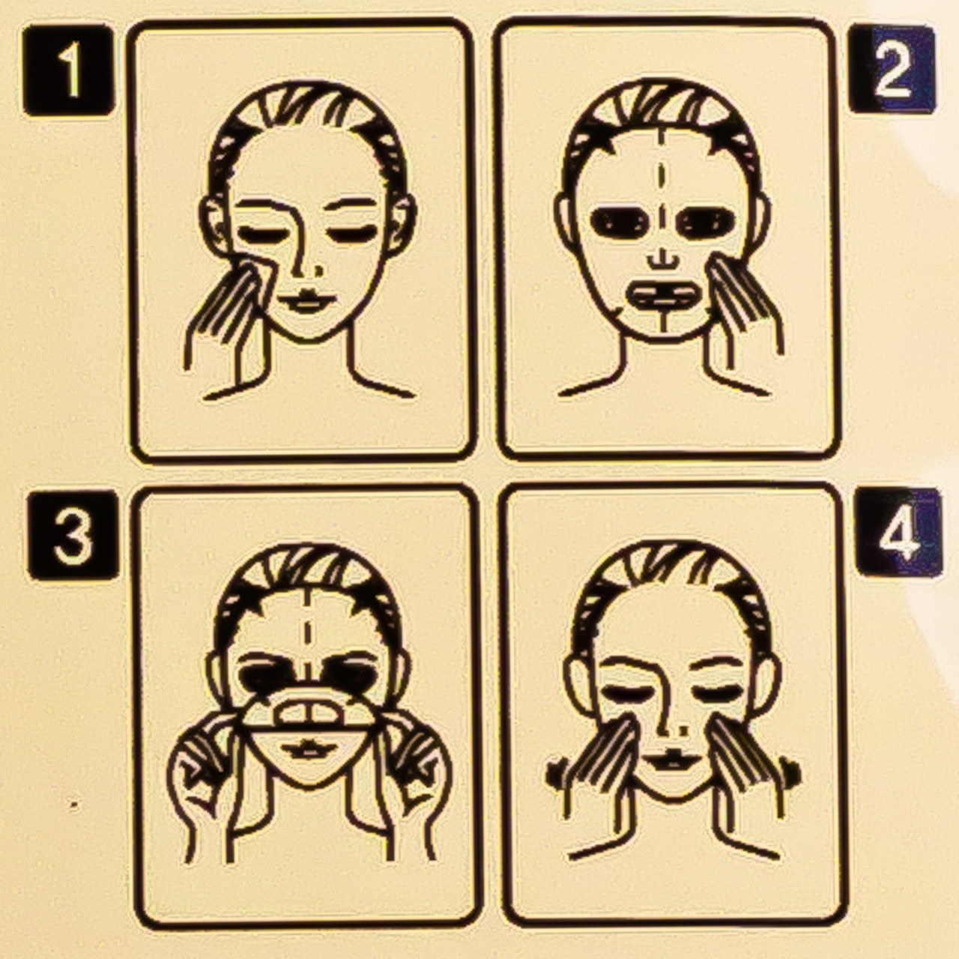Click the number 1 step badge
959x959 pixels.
click(69, 70)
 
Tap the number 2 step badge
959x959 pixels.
click(892, 69)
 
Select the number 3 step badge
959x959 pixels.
click(73, 535)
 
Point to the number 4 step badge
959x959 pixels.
click(899, 533)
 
